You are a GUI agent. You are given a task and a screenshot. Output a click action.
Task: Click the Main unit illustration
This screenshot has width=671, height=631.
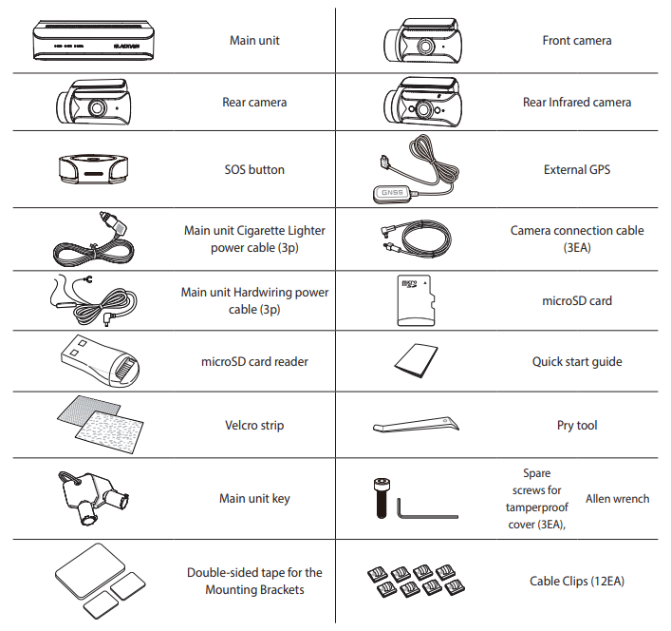tap(93, 40)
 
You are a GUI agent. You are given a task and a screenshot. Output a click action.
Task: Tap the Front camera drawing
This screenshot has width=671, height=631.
tap(422, 41)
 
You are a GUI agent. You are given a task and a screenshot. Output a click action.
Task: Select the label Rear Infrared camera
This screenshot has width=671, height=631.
tap(577, 103)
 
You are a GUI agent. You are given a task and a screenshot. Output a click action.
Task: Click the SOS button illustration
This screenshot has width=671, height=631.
tap(93, 169)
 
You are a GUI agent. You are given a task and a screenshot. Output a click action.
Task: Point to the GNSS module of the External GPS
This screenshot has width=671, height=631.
tap(392, 193)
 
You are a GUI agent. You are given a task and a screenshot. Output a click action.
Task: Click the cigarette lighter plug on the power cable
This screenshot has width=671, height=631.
tap(112, 222)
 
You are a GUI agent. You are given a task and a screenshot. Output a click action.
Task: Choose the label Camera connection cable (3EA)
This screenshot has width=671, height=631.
tap(577, 239)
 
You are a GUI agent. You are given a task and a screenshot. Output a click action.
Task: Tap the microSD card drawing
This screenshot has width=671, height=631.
tap(416, 300)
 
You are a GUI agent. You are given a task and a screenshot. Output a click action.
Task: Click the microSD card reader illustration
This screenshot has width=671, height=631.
tap(101, 362)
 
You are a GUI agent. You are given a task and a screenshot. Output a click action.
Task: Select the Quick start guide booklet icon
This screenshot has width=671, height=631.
tap(416, 361)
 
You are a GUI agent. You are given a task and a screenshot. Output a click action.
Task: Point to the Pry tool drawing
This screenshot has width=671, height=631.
tap(416, 425)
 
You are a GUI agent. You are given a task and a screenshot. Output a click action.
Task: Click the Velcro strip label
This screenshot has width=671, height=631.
tap(254, 426)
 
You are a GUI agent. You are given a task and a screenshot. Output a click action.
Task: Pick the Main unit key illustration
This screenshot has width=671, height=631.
tap(93, 497)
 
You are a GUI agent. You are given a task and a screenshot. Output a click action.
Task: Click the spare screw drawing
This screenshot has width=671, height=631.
tap(382, 498)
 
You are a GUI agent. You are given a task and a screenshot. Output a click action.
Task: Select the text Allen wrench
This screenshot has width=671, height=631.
tap(618, 499)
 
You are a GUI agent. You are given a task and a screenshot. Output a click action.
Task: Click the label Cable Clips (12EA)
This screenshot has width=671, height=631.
tap(577, 582)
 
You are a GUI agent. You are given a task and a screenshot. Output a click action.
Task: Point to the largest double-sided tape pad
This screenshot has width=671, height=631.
tap(90, 570)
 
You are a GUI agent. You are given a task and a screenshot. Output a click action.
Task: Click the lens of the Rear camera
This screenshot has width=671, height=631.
tap(97, 108)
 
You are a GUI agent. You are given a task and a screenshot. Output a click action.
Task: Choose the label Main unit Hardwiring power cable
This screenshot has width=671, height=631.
tap(254, 300)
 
